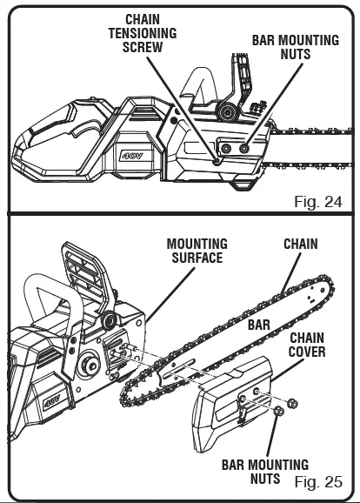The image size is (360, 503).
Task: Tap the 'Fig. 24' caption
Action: pos(317,201)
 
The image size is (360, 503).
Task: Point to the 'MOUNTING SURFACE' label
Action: pos(197,251)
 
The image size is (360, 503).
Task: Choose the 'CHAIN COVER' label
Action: pos(307,345)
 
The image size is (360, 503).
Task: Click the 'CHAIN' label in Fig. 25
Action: pos(301,245)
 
